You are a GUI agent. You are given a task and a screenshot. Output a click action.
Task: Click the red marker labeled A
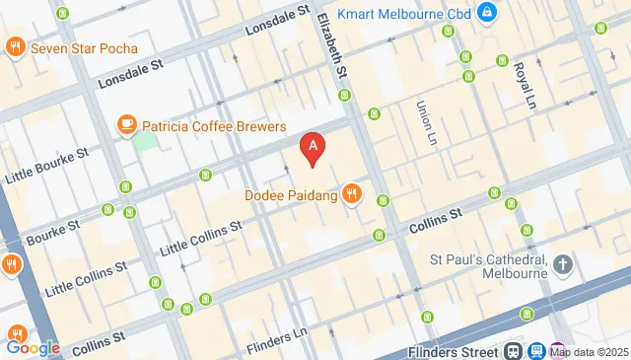pyautogui.click(x=314, y=150)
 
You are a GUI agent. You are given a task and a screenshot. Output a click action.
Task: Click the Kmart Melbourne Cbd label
pyautogui.click(x=403, y=13)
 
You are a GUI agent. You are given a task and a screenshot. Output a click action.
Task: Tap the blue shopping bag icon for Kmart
pyautogui.click(x=486, y=13)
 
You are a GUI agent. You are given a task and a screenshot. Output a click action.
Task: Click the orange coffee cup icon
pyautogui.click(x=126, y=124)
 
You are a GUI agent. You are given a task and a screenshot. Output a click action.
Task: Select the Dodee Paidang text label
pyautogui.click(x=291, y=195)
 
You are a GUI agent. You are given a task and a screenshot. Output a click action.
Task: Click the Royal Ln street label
pyautogui.click(x=522, y=78)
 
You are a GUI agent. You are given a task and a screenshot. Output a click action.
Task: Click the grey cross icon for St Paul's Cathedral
pyautogui.click(x=563, y=264)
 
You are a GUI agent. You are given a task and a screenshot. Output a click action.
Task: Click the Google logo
pyautogui.click(x=33, y=347)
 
